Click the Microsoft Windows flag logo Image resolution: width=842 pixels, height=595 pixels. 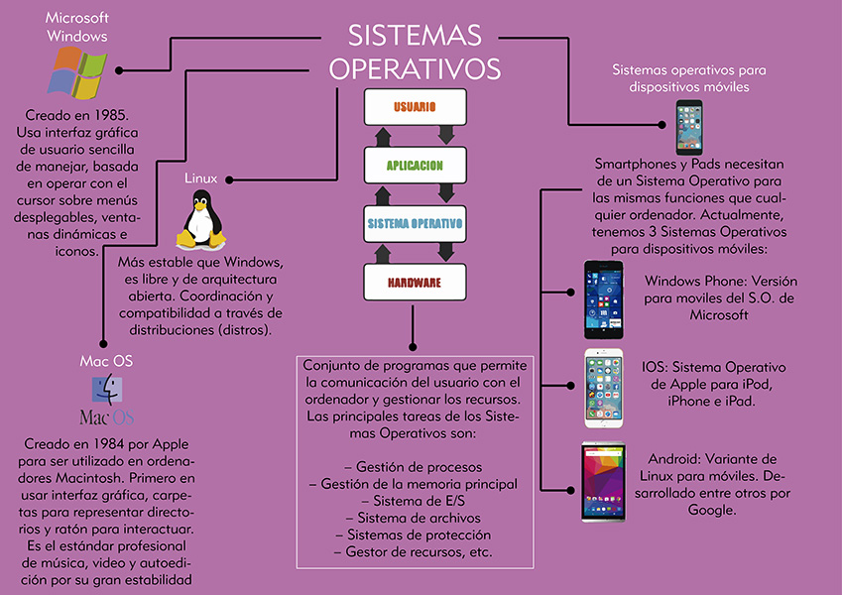pos(78,72)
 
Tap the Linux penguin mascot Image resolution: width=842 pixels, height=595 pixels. pos(199,220)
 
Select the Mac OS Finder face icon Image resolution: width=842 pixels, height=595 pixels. pos(106,389)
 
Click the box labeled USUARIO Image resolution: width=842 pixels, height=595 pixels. pos(414,105)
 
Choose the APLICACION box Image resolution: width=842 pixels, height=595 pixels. pos(414,165)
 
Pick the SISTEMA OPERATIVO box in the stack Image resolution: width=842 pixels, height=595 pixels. pos(414,224)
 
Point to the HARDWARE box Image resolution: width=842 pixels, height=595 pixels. pos(414,283)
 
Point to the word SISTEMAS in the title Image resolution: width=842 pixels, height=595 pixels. pos(415,36)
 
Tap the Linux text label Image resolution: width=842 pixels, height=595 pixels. pos(201,179)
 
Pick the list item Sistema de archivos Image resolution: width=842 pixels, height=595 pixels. pos(415,518)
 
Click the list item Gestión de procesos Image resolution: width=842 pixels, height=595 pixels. pos(414,466)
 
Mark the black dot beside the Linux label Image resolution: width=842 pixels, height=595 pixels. pos(229,179)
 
